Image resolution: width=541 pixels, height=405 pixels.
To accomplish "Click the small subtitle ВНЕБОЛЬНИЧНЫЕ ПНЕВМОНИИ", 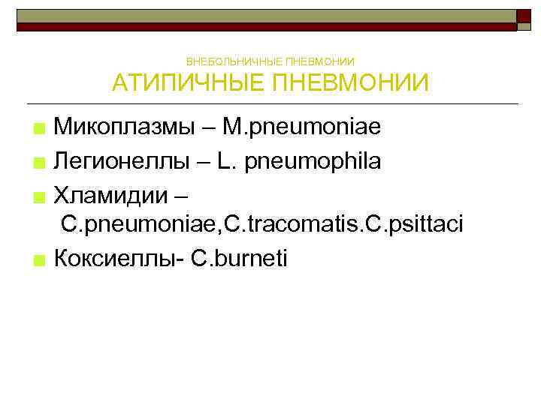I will pos(270,61).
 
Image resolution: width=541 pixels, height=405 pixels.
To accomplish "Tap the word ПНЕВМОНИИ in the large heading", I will pos(349,82).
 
